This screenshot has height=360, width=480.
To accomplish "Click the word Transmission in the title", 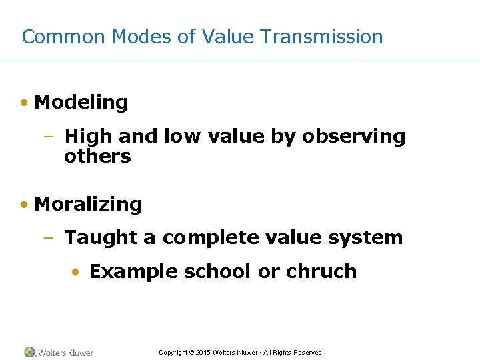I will coord(321,37).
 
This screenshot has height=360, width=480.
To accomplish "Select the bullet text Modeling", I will coord(81,103).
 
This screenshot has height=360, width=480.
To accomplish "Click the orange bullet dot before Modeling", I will coord(24,103).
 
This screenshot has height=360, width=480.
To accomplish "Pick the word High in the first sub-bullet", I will coord(89,137).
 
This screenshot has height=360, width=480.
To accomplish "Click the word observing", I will coord(353,137).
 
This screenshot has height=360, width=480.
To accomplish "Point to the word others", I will coord(97,157).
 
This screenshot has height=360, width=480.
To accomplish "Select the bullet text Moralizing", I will coord(88,205).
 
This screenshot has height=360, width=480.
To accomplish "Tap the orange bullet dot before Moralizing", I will coord(24,205).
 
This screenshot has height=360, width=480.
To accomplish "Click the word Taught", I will coord(110,238).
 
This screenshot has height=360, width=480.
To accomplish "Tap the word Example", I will coord(133,272).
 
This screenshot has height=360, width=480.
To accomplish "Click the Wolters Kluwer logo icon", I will coord(29,352).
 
